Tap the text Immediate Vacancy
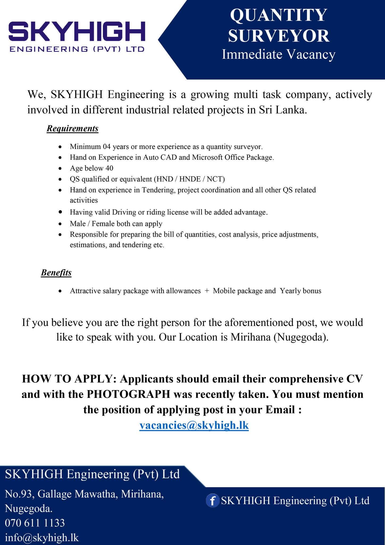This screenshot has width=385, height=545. [x=278, y=54]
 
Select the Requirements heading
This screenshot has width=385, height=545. [x=72, y=129]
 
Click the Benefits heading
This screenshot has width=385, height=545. [x=56, y=273]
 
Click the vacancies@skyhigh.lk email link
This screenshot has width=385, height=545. [x=194, y=425]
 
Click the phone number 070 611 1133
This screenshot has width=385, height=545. [x=35, y=523]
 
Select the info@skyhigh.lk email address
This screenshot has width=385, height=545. [x=42, y=538]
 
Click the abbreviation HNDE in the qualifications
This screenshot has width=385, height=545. [x=190, y=179]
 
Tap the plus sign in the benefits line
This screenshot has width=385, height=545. [x=207, y=291]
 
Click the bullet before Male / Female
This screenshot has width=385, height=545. [x=61, y=224]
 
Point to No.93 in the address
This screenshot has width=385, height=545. [x=18, y=494]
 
